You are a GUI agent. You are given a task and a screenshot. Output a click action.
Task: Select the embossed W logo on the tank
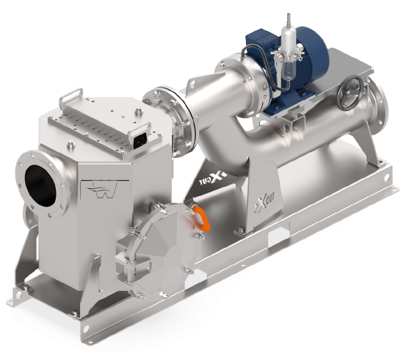pyautogui.click(x=104, y=190)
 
